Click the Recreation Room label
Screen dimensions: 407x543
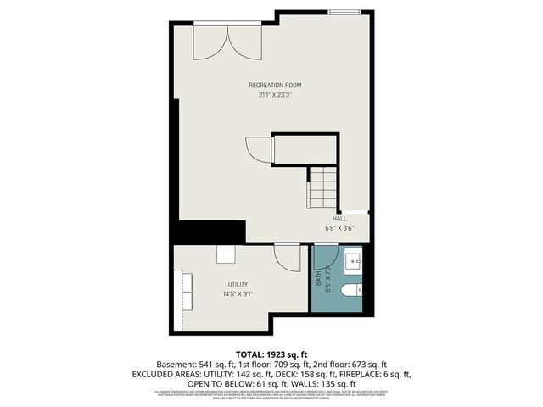tap(275, 85)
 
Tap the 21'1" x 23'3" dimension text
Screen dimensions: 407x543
tap(275, 95)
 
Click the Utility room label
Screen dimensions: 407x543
tap(238, 284)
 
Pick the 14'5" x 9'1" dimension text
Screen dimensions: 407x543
tap(238, 294)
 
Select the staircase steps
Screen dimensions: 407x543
tap(323, 187)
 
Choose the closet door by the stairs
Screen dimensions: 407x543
tap(259, 149)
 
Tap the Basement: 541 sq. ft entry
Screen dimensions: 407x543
tap(191, 364)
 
